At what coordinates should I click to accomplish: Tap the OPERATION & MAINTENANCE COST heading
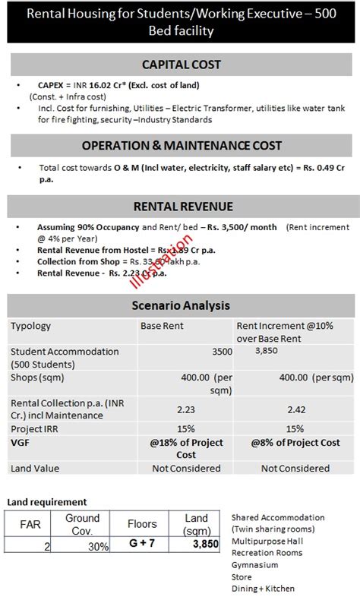182,145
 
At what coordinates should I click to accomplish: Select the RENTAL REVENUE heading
183,206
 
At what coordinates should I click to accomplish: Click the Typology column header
30,326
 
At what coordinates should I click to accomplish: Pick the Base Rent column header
162,326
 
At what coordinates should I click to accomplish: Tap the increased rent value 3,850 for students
267,351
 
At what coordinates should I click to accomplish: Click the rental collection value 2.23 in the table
185,409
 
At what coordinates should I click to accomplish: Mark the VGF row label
20,441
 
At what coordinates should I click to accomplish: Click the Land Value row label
35,469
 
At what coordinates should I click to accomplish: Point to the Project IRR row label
36,428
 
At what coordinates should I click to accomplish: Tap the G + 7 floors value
142,545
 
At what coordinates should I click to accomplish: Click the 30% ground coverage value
96,546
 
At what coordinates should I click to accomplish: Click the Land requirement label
47,502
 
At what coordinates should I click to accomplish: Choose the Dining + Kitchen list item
263,589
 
